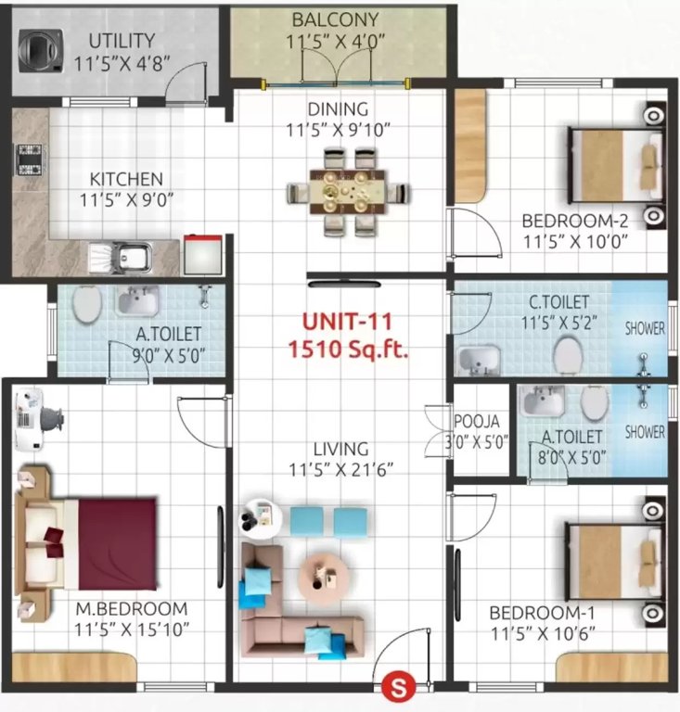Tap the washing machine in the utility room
point(38,48)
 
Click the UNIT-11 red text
point(347,323)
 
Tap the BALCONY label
point(322,19)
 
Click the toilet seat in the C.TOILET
point(568,352)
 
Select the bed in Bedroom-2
point(615,166)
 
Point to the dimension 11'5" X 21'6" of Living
point(340,469)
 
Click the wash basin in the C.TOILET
point(478,359)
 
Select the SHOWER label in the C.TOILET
point(644,327)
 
